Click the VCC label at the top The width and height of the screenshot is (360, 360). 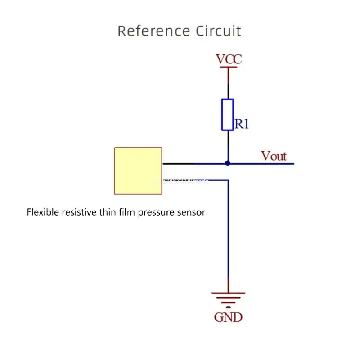[229, 59]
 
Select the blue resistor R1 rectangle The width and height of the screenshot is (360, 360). [228, 115]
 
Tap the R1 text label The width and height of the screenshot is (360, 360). [242, 124]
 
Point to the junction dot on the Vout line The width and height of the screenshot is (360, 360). [228, 163]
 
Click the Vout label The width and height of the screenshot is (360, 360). [274, 156]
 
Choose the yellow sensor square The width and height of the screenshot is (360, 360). [138, 171]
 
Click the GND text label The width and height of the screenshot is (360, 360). [228, 317]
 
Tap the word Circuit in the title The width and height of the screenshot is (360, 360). [218, 31]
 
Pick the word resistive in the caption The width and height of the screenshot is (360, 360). [78, 212]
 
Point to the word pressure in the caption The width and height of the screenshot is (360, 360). [154, 212]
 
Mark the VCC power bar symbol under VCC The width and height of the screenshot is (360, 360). [228, 67]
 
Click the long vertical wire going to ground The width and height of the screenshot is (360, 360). [228, 234]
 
